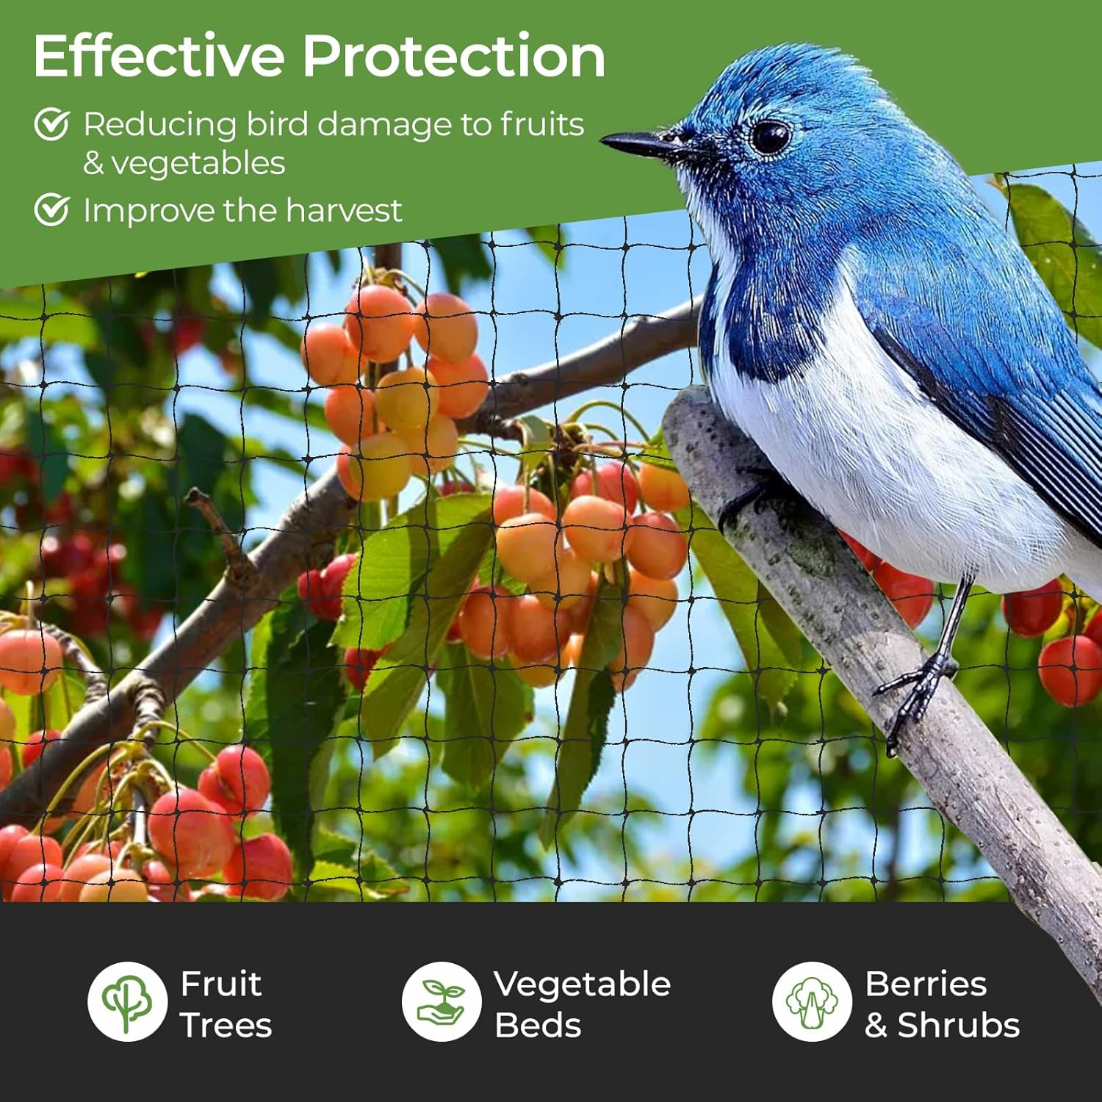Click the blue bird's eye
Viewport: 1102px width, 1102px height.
coord(769,137)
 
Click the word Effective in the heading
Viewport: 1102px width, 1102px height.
coord(159,57)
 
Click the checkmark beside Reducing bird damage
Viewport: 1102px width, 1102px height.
coord(52,124)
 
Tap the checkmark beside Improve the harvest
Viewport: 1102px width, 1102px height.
coord(52,210)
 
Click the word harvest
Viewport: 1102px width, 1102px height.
coord(343,211)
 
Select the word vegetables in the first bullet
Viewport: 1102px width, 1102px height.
coord(198,164)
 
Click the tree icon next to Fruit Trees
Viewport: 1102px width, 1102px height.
coord(127,1001)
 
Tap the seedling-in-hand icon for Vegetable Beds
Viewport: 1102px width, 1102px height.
coord(441,1001)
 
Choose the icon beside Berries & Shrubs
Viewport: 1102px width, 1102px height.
coord(811,1001)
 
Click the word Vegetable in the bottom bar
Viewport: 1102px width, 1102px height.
coord(582,984)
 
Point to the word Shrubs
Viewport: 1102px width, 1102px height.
coord(959,1026)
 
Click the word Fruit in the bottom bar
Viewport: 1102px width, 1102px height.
coord(220,984)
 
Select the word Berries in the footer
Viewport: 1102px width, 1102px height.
coord(926,984)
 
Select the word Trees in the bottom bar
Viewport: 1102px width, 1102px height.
coord(226,1026)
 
